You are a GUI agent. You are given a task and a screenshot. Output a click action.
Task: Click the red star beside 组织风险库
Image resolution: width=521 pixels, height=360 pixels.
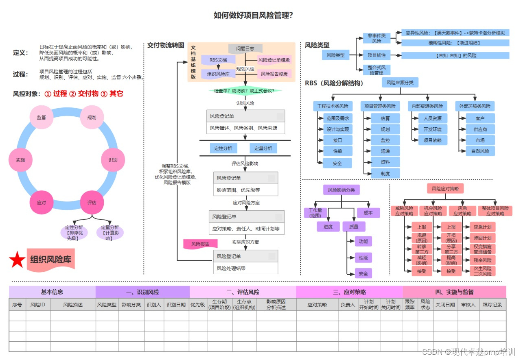17,260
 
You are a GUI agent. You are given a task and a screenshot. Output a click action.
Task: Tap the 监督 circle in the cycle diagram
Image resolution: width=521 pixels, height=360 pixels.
42,117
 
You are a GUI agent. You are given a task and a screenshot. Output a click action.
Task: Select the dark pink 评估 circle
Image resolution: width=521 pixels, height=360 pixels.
92,202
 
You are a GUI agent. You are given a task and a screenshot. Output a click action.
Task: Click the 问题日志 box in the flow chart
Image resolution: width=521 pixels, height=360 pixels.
245,48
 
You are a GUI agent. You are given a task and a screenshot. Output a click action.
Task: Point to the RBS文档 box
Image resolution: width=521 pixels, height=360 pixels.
218,60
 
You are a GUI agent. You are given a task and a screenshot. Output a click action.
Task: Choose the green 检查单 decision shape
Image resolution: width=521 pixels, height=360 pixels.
245,90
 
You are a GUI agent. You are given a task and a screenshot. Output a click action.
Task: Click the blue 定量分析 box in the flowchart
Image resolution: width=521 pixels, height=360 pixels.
263,148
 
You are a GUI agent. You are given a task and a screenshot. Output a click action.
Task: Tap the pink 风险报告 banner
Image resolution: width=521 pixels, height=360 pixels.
200,244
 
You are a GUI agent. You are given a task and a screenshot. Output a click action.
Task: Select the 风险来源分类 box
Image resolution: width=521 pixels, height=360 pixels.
400,83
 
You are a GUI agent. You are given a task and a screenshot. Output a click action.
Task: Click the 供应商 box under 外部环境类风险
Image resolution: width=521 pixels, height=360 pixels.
480,129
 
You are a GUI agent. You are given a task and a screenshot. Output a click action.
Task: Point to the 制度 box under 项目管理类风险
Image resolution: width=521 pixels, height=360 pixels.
385,173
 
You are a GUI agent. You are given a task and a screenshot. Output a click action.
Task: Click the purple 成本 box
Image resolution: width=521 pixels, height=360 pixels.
368,212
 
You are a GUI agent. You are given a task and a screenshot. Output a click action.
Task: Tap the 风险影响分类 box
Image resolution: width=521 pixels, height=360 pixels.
341,190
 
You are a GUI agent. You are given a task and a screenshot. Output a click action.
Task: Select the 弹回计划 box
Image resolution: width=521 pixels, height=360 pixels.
482,238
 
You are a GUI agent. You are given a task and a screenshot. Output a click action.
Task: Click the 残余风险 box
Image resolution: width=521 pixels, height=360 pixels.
482,260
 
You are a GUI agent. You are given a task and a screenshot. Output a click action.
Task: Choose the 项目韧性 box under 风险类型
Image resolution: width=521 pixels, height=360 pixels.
377,55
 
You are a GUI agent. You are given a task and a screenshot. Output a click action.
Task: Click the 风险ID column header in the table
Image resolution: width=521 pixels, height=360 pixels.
38,305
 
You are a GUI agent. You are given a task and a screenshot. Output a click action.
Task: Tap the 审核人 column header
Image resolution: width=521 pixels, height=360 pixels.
468,305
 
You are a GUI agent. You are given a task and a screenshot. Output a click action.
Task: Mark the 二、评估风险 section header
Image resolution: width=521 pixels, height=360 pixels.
243,292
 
